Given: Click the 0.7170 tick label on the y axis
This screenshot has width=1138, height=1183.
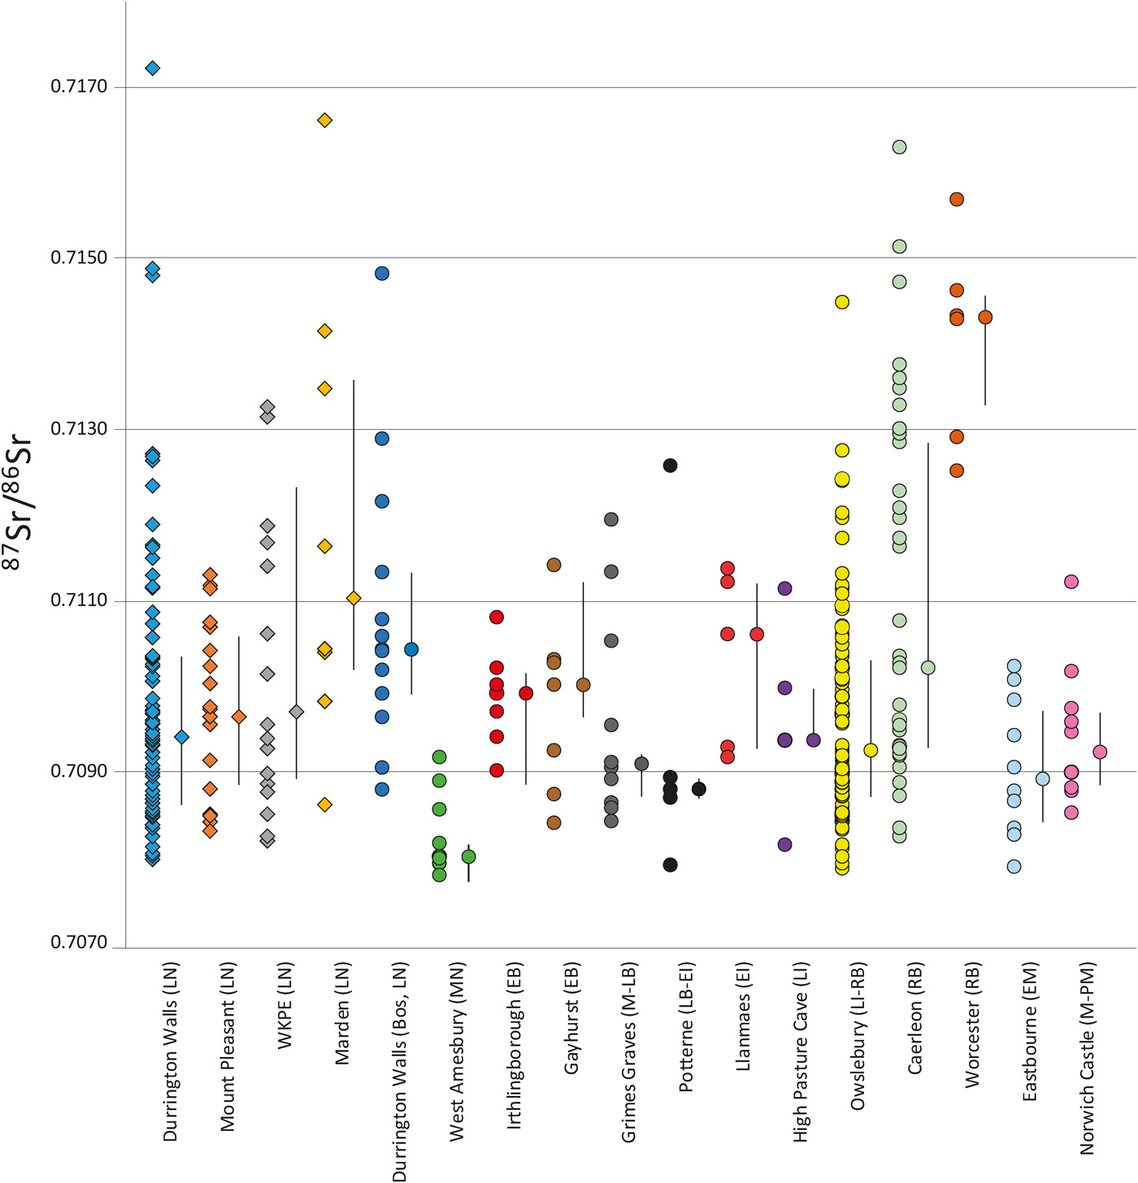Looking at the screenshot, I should (x=79, y=86).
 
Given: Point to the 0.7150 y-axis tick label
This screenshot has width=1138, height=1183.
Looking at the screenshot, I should (x=79, y=258).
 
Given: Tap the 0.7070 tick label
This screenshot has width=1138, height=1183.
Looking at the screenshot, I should (x=79, y=942).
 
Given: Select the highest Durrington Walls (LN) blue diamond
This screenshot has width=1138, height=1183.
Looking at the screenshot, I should (x=153, y=68).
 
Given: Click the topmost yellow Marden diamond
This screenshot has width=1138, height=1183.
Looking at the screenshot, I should (x=324, y=120).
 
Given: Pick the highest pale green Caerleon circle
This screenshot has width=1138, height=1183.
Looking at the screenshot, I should (x=899, y=147).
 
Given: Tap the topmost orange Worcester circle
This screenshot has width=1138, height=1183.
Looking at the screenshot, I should (x=957, y=199).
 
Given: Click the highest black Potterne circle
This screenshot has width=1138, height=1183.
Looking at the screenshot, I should (x=670, y=466).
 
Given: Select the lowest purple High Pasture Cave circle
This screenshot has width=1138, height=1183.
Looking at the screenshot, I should (x=784, y=844).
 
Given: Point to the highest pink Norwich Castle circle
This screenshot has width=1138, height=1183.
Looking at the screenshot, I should (x=1071, y=582).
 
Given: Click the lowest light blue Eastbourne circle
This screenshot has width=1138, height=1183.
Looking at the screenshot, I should (x=1014, y=866).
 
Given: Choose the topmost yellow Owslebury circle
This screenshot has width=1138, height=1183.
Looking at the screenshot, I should (x=842, y=302).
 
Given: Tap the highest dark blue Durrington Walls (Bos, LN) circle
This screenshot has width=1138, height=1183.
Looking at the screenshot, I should (x=382, y=273).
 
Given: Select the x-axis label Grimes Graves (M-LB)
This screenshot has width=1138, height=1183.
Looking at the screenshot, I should (x=628, y=1052).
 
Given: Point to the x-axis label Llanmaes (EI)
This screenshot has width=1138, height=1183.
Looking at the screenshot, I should (x=743, y=1016).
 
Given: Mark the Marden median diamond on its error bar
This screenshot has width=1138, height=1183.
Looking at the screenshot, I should (x=354, y=598).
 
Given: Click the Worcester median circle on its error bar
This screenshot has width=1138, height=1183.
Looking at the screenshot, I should (x=985, y=318).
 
